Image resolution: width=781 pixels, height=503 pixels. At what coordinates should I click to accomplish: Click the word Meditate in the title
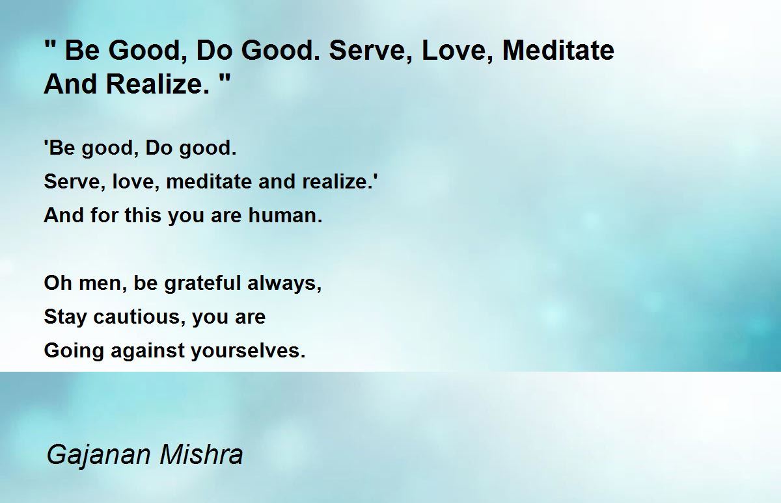point(558,51)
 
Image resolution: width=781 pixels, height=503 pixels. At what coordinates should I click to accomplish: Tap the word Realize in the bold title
point(154,84)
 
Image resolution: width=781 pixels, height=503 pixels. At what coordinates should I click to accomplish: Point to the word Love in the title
point(454,51)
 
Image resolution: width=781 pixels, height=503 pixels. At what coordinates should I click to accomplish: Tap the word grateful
point(202,283)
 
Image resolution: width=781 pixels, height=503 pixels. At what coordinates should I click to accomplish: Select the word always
point(281,283)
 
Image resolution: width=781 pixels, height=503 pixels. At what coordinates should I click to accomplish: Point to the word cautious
point(136,317)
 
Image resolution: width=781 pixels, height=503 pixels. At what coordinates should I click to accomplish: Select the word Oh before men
point(58,283)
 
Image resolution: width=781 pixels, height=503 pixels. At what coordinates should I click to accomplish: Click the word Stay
point(65,317)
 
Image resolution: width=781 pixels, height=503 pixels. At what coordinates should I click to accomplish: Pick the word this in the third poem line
point(143,215)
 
